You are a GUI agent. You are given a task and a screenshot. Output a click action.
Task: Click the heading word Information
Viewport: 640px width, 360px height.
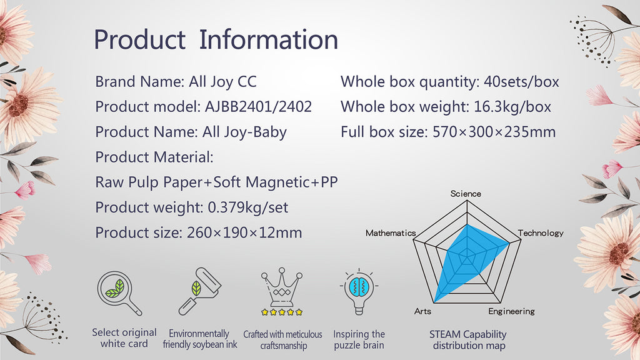coord(269,39)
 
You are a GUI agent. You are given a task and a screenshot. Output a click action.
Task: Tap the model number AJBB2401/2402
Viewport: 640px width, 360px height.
coord(258,107)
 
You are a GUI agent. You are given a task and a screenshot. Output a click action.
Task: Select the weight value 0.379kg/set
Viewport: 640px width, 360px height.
coord(248,207)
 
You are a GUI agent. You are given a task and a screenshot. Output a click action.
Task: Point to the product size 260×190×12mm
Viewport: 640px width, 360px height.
coord(244,232)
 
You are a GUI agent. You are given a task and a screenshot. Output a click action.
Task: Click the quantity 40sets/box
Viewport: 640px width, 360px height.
coord(521,82)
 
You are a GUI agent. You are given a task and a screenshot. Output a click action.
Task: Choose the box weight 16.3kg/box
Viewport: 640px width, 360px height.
coord(512,107)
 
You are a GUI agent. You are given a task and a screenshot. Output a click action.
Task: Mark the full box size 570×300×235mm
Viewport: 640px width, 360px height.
coord(494,132)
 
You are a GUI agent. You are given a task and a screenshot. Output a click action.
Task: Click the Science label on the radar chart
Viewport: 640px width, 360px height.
coord(466,194)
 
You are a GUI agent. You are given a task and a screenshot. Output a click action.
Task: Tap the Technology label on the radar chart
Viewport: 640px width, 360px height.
coord(541,233)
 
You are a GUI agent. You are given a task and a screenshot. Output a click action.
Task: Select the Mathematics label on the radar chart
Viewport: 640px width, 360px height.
coord(391,233)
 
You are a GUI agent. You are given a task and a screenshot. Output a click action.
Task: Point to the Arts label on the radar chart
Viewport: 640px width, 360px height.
coord(422,311)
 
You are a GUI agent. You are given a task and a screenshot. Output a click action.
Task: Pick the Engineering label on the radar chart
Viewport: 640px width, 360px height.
coord(511,311)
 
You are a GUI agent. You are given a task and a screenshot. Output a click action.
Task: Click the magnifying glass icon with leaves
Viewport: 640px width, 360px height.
coord(119,292)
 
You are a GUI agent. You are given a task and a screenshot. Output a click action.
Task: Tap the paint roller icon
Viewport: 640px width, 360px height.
coord(200,291)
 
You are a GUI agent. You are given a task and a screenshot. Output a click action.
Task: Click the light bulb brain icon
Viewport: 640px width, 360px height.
coord(359,292)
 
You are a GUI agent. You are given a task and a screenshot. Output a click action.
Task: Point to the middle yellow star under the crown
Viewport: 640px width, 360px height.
coord(282,312)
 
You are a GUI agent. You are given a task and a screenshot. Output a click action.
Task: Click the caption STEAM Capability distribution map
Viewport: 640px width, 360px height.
coord(467,340)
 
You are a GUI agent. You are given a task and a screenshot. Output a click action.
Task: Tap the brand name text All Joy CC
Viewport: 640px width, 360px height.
coord(222,82)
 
